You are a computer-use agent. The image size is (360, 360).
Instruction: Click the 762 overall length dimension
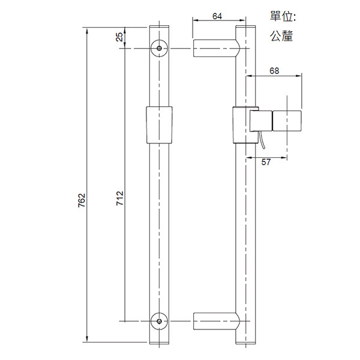[x=82, y=200]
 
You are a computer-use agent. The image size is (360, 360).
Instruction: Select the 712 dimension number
[x=119, y=198]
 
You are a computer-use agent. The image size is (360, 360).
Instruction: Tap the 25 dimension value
[x=119, y=37]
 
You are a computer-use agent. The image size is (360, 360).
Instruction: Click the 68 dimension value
[x=274, y=70]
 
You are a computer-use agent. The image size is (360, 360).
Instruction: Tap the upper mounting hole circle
[x=159, y=49]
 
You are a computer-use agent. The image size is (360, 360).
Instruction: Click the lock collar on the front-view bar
[x=159, y=125]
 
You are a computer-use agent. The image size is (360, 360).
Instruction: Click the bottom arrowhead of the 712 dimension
[x=125, y=318]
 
